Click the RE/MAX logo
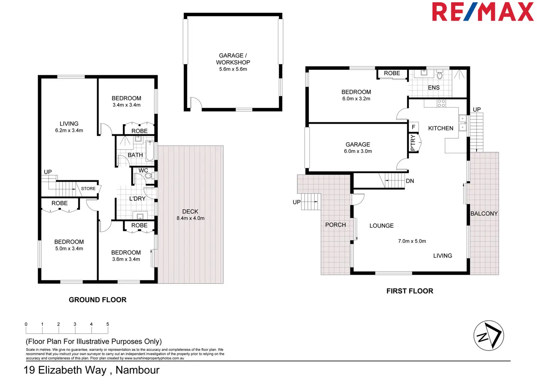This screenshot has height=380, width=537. pos(483,12)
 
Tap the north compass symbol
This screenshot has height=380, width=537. pos(488,335)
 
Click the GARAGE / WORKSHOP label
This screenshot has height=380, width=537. pos(233,59)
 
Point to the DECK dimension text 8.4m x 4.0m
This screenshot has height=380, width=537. pos(190,218)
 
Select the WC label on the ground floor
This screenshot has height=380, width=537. pos(143,170)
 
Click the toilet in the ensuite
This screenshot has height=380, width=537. pos(439,76)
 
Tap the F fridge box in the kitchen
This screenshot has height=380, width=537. pos(413,127)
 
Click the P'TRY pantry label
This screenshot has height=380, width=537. pos(413,142)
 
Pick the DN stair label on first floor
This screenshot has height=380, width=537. pos(410,181)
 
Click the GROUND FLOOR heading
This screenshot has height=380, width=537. pos(97,300)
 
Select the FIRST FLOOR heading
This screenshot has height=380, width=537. pos(410,291)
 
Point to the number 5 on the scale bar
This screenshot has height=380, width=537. pos(108,324)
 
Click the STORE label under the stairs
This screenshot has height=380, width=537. pos(88,188)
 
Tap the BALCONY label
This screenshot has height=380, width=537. pos(484,214)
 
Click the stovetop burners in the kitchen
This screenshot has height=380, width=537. pos(441,103)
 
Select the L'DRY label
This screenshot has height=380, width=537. pos(137,199)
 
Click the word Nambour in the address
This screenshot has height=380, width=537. pos(138,370)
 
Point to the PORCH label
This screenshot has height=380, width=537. pos(335,225)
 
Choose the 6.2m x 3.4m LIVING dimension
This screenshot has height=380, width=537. pos(69,130)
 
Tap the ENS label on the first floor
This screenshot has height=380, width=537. pos(434,88)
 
